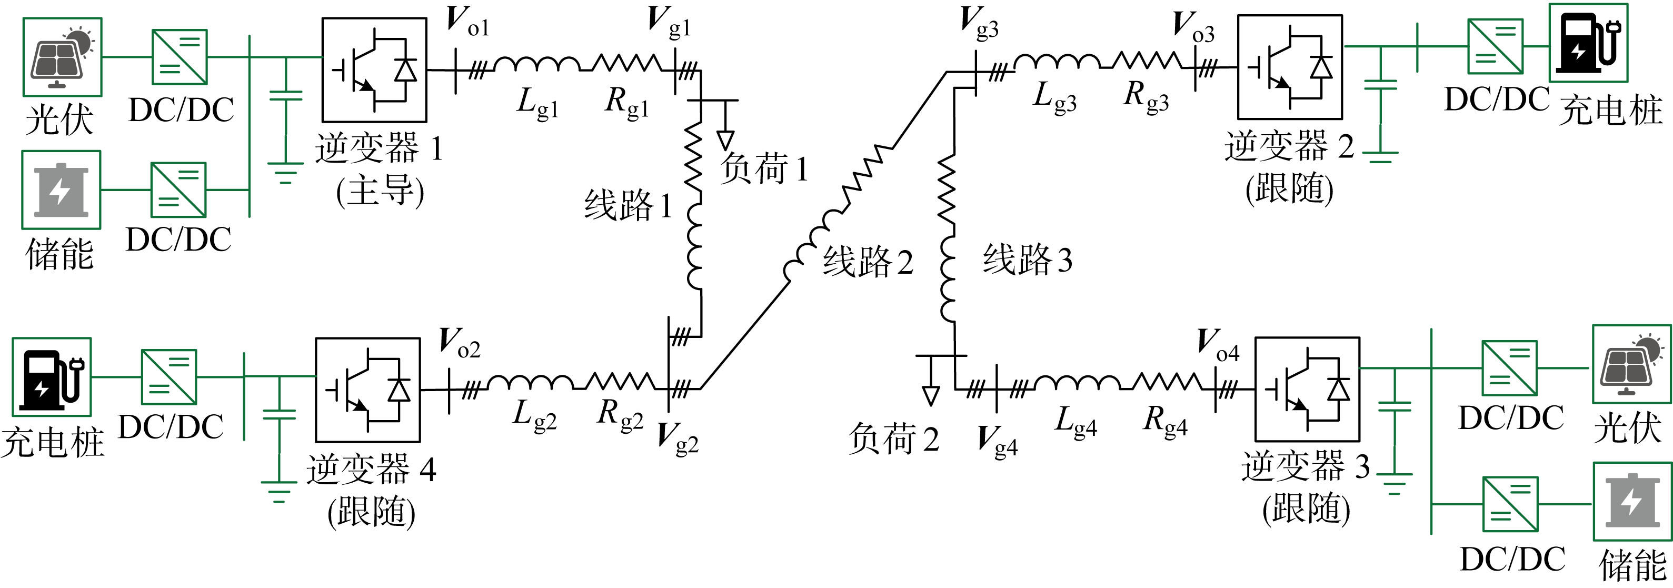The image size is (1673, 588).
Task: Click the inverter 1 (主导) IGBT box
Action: tap(374, 69)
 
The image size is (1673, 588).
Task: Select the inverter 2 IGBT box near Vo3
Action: tap(1290, 67)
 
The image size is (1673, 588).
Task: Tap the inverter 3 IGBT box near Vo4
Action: tap(1307, 389)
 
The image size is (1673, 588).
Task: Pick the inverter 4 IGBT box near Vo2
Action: tap(367, 390)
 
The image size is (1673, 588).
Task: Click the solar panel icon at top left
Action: tap(62, 57)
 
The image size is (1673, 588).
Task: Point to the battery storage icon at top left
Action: tap(61, 190)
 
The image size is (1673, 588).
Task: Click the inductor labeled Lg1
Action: tap(536, 64)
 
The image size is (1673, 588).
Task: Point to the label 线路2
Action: tap(868, 262)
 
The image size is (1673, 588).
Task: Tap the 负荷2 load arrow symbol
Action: tap(931, 395)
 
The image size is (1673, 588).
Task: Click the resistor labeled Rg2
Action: tap(621, 382)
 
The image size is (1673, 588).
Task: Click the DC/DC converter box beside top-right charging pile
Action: tap(1495, 46)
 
